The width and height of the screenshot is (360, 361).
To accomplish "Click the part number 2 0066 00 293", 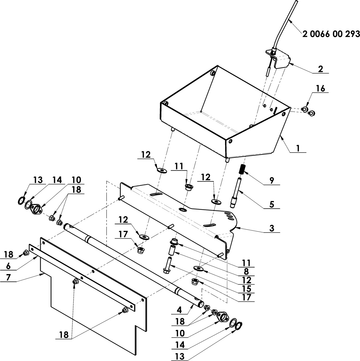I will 331,34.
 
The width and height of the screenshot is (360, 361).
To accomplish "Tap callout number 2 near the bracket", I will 320,69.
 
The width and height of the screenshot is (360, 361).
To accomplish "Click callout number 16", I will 321,89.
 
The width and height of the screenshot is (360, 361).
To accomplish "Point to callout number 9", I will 272,180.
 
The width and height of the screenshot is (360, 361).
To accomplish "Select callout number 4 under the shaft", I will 180,311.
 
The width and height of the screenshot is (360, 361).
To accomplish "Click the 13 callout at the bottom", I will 180,356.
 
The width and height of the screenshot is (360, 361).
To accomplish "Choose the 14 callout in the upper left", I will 57,180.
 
